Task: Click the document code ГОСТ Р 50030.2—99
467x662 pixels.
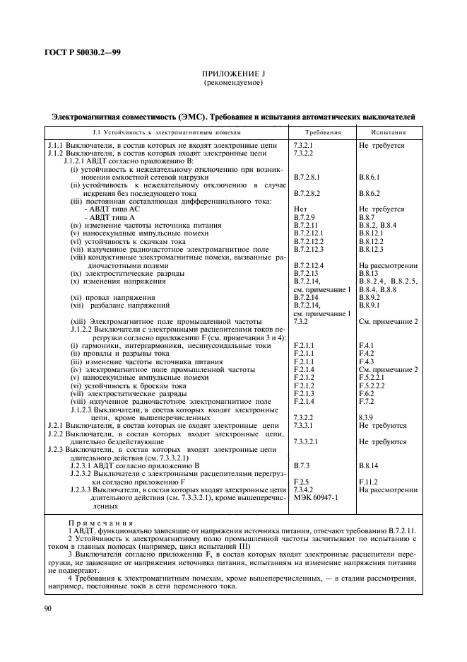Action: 81,52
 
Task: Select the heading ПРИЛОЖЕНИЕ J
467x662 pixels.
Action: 232,74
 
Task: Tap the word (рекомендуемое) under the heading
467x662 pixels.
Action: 232,83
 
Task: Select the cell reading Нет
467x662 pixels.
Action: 300,209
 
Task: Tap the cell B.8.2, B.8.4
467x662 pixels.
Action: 378,225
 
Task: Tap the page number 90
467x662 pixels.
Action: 47,608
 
